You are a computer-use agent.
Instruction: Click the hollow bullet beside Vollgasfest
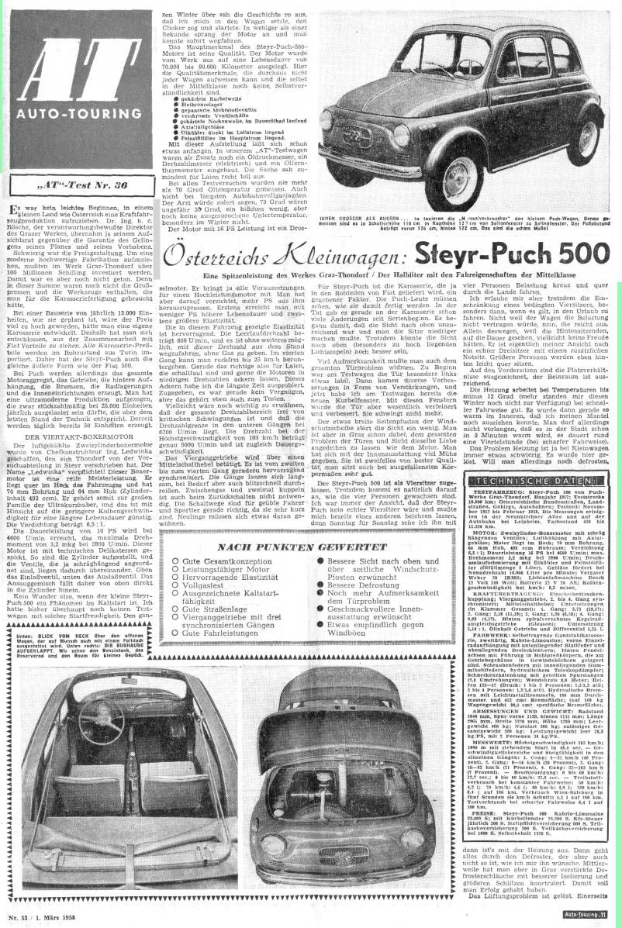pos(178,599)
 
